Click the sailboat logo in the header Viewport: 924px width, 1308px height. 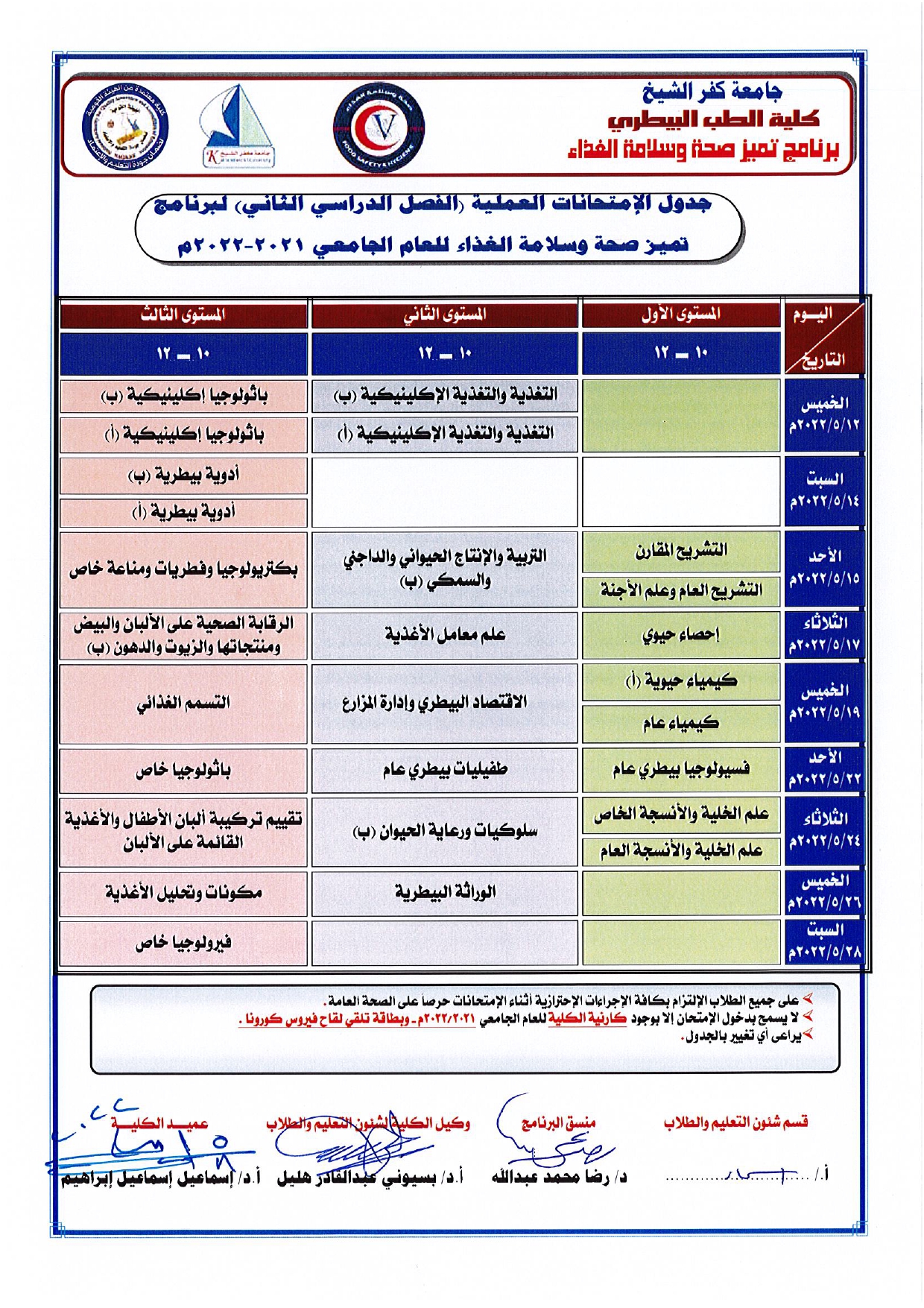[x=238, y=125]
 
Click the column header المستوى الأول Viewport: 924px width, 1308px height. [x=680, y=315]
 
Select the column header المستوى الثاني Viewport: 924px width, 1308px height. [x=445, y=315]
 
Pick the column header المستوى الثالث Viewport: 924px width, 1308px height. [x=183, y=315]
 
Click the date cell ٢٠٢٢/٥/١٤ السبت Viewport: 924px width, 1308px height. [x=824, y=490]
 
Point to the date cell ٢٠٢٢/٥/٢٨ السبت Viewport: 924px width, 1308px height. [x=824, y=941]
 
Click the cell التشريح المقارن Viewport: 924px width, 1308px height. [x=680, y=552]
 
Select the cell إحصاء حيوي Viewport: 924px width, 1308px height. [x=680, y=635]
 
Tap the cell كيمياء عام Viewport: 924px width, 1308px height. [x=680, y=722]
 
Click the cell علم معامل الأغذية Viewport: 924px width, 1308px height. [x=445, y=635]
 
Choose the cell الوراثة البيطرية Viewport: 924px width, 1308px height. [x=445, y=892]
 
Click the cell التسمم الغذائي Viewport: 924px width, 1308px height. [x=183, y=703]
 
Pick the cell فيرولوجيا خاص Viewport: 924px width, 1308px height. [x=183, y=944]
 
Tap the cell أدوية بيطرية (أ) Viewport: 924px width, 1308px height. [x=183, y=512]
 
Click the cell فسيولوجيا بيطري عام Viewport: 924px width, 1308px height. [x=680, y=769]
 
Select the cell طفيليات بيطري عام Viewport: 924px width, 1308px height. [x=445, y=769]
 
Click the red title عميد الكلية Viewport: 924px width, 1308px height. [x=159, y=1123]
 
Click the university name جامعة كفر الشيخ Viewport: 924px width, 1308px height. [x=712, y=92]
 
